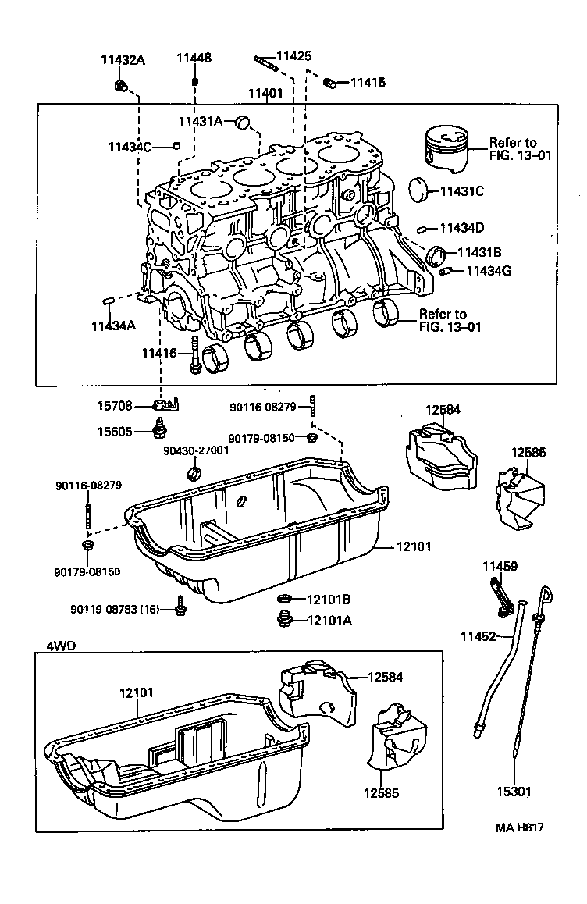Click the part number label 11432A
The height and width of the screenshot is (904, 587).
click(x=123, y=60)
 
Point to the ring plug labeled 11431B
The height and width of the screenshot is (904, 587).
click(x=440, y=253)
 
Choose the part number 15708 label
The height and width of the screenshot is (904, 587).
click(x=115, y=406)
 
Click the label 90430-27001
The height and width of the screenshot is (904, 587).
click(x=196, y=450)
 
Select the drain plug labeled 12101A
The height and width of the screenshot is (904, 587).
click(x=285, y=621)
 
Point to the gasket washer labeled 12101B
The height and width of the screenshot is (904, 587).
click(x=286, y=600)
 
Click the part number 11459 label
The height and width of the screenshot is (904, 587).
click(x=499, y=566)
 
